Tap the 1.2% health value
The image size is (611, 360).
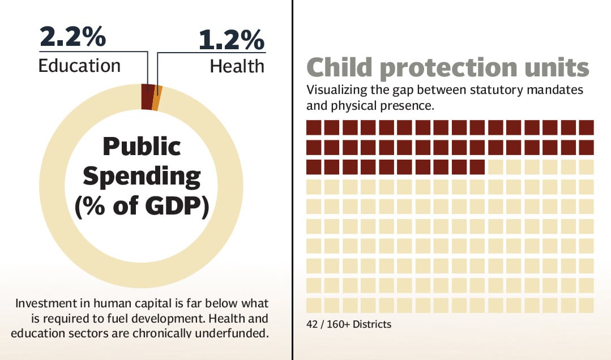pos(231,40)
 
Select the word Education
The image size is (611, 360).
pos(79,65)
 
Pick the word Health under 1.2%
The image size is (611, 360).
pos(237,66)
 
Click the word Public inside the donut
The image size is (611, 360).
pos(142,147)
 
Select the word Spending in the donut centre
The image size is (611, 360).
pos(142,177)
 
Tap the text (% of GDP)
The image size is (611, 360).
pos(142,207)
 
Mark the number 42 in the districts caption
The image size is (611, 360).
pos(312,324)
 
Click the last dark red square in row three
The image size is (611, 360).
pos(477,167)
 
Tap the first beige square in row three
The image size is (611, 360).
pos(495,167)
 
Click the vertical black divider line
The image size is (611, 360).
pos(292,180)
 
